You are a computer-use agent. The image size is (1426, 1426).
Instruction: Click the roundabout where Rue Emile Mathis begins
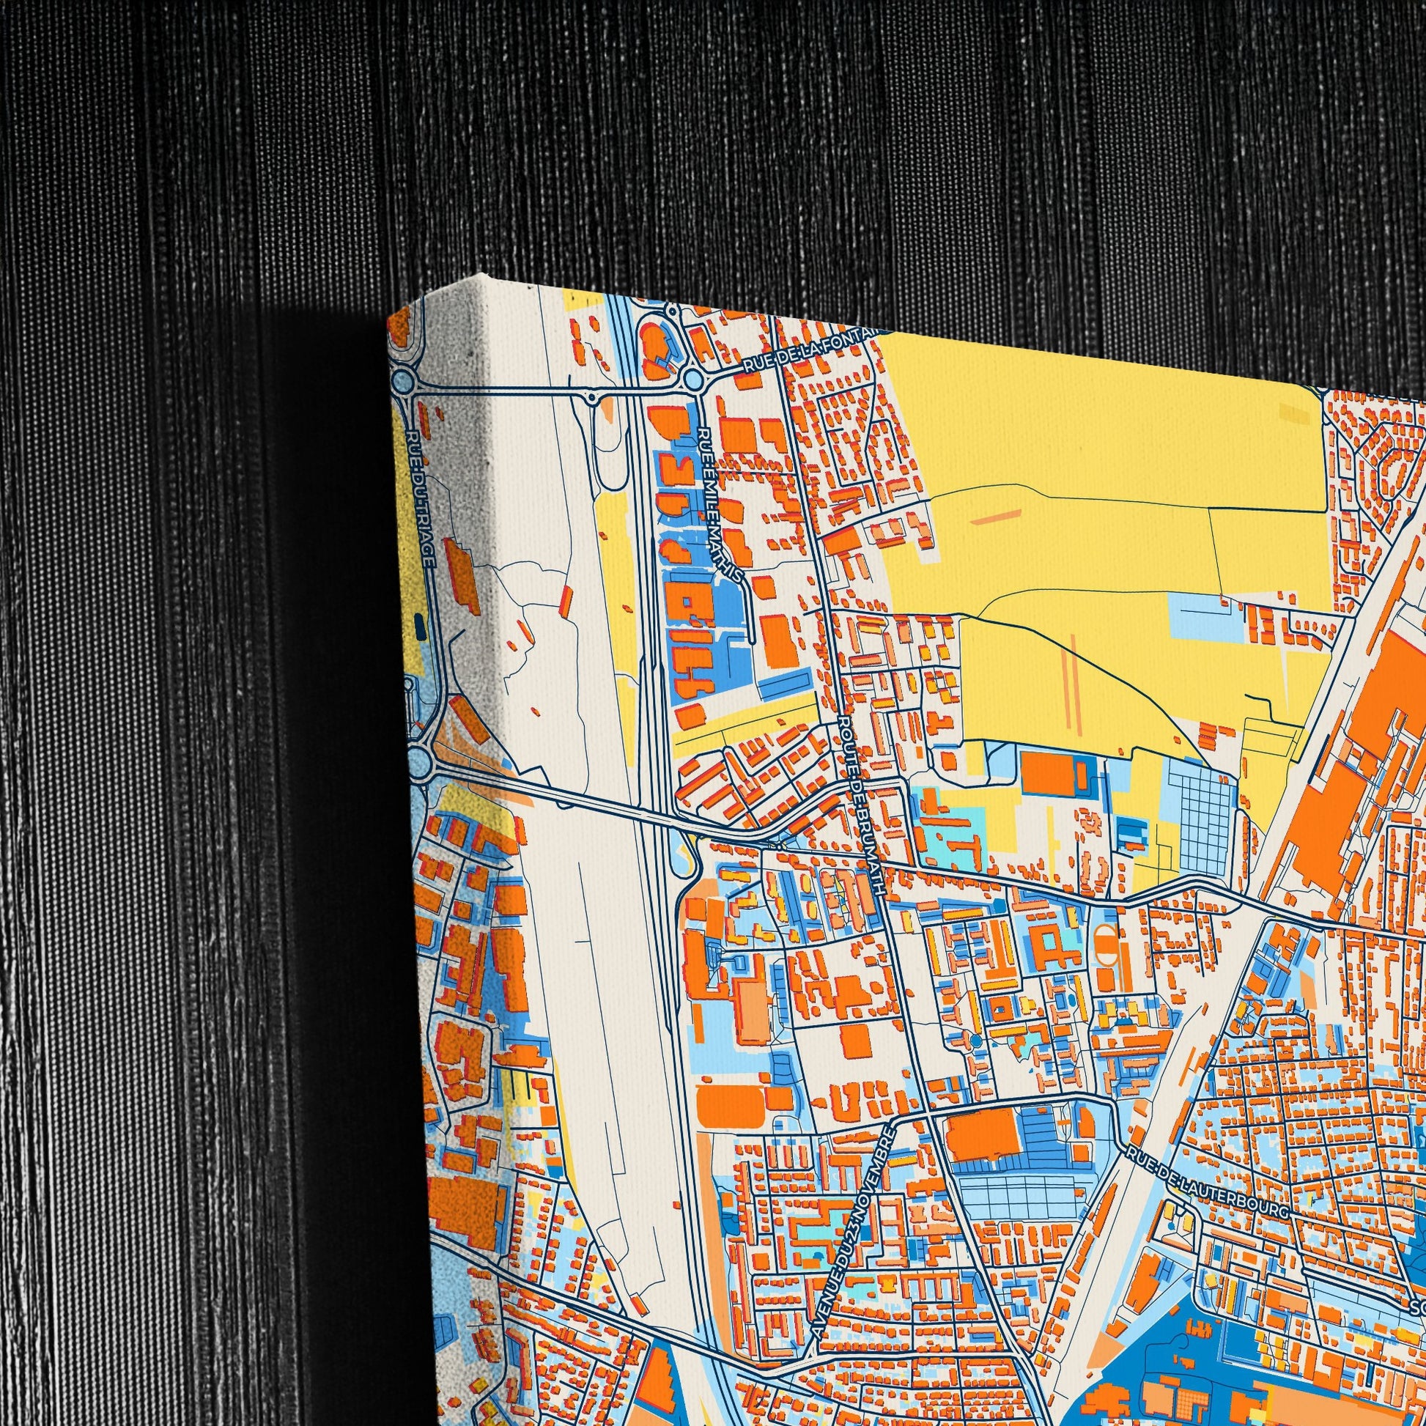click(x=692, y=380)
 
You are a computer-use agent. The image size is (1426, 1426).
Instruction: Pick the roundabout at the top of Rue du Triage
click(x=402, y=382)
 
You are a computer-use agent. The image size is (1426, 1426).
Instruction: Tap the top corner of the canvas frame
click(x=484, y=279)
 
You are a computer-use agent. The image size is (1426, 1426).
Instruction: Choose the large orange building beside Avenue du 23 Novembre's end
click(x=983, y=1132)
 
